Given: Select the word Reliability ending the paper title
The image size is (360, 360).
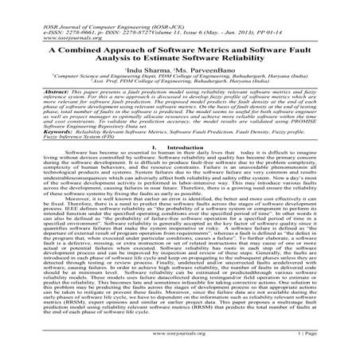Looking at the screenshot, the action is click(x=244, y=57).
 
